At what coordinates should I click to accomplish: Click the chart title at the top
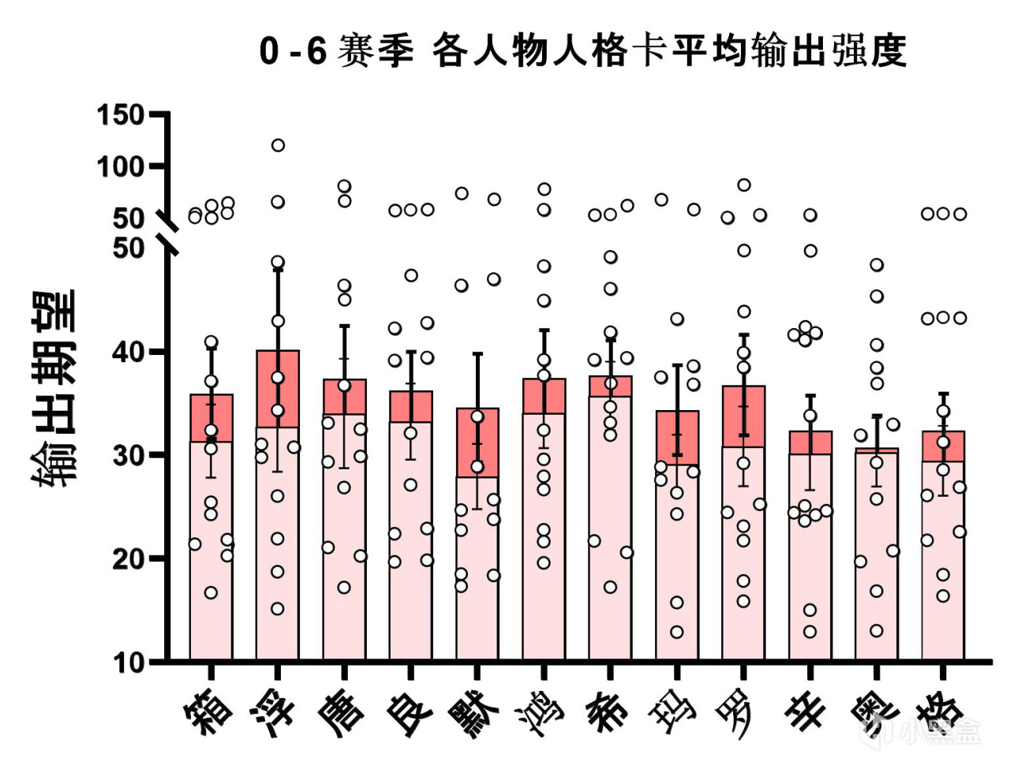point(582,52)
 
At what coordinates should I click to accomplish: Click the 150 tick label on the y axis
point(121,115)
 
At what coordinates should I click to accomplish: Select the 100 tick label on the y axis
point(121,166)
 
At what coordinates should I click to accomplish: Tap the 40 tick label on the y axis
point(129,352)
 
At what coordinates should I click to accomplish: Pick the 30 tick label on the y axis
point(129,455)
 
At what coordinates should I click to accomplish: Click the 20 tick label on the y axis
point(129,558)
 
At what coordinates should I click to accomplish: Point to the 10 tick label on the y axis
point(129,663)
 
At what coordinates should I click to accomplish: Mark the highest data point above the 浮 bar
point(278,145)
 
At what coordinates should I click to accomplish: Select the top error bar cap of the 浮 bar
point(278,270)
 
